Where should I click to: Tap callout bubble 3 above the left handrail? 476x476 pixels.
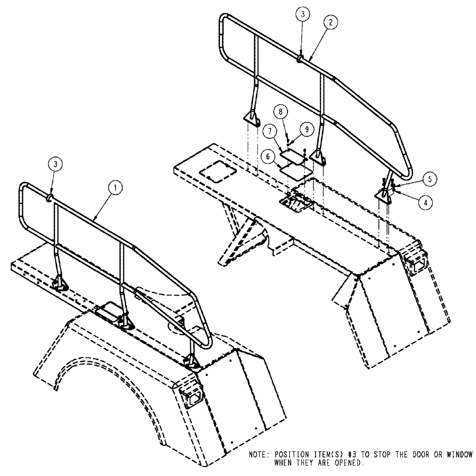56,164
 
